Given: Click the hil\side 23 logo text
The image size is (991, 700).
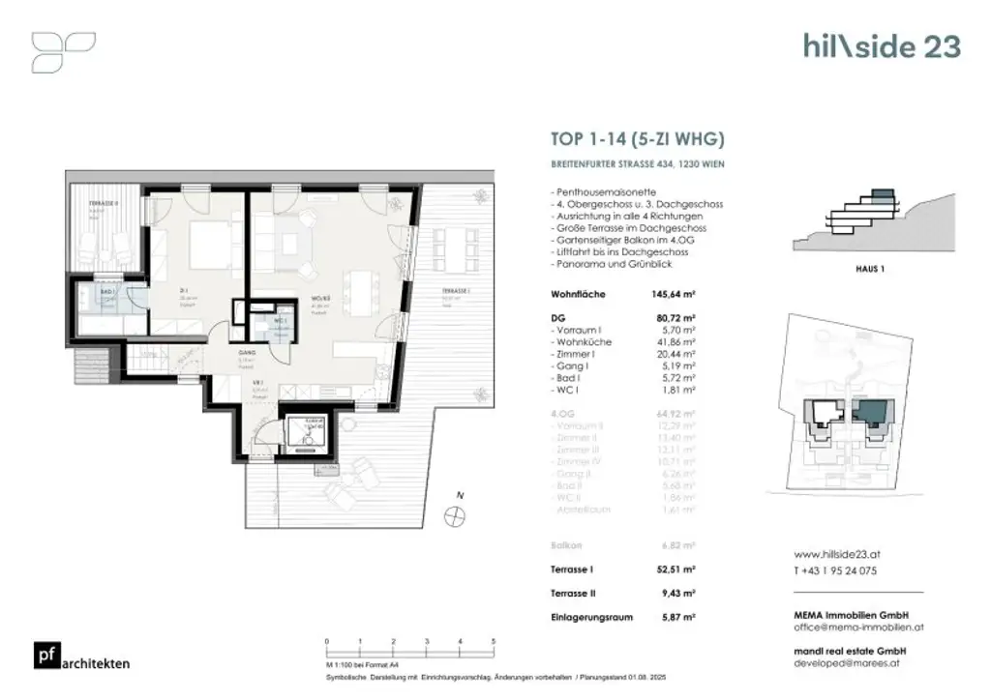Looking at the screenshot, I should tap(881, 46).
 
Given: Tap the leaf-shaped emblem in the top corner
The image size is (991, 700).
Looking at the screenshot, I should tap(64, 52).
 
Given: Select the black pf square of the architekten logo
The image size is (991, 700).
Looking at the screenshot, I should tap(44, 656).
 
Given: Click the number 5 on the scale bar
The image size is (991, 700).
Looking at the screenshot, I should tap(494, 642).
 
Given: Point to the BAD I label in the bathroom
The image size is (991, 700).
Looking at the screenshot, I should tap(107, 291).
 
